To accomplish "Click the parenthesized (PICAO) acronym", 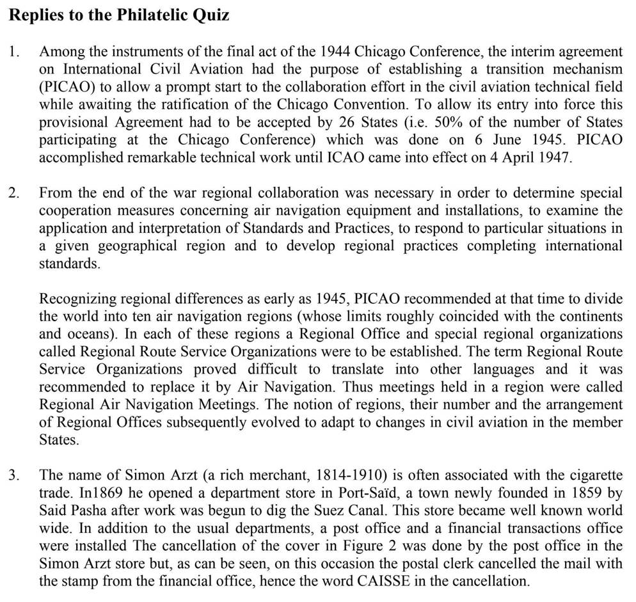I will [x=65, y=86].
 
